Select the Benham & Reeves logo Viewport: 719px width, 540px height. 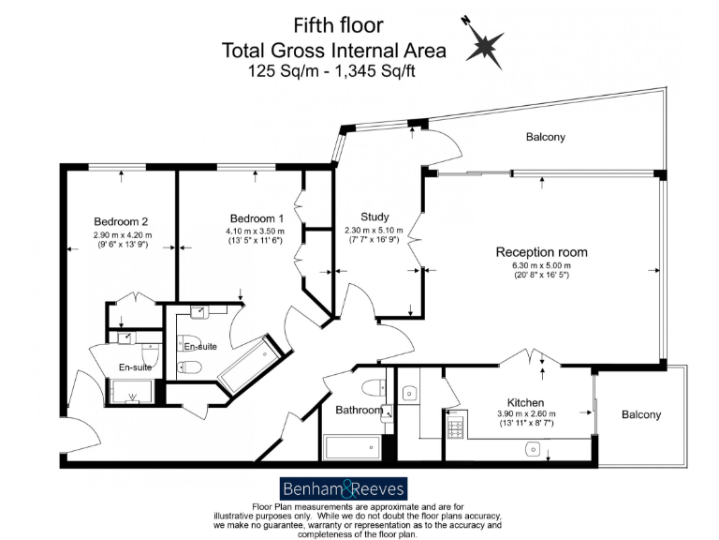[343, 488]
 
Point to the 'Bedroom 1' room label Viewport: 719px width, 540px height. [255, 216]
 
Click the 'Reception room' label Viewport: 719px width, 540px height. [541, 251]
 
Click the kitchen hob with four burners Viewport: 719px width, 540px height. [455, 427]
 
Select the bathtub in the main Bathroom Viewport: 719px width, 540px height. [352, 448]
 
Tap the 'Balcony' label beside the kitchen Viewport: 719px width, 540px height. [641, 414]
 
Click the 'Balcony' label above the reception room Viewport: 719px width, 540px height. [545, 138]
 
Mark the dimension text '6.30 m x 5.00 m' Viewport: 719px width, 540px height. [541, 265]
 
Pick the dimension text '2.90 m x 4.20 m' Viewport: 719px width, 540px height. [122, 235]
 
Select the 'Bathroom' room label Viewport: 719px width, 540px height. [359, 411]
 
